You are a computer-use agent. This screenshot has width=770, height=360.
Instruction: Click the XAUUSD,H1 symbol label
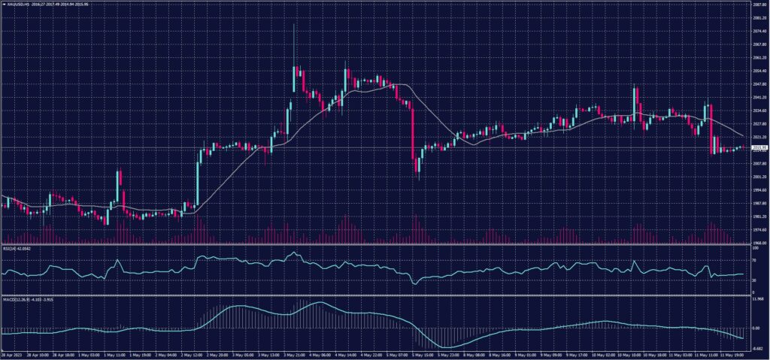(x=17, y=5)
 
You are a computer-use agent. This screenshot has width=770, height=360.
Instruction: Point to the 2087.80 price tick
(x=759, y=5)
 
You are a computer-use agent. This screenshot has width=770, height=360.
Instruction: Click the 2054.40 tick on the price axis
(x=759, y=71)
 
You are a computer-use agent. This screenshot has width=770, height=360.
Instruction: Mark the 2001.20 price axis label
(x=759, y=177)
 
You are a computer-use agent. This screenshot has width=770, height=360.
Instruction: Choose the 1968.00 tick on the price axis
(x=759, y=243)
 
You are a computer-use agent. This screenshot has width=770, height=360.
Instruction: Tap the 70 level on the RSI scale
(x=754, y=259)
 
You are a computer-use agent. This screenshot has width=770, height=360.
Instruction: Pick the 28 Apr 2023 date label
(x=11, y=355)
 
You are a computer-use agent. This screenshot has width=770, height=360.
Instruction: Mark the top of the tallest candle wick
(x=293, y=25)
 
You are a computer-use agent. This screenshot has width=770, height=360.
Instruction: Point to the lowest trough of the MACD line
(x=447, y=346)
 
